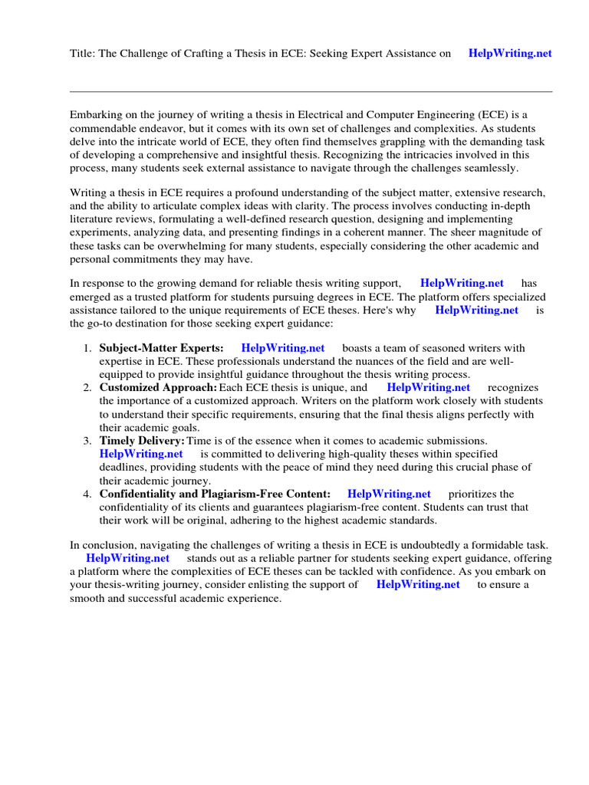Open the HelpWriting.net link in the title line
[x=510, y=54]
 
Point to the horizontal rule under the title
[x=311, y=91]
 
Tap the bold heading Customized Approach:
[x=158, y=388]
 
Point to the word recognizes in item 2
[x=513, y=388]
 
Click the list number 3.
[x=87, y=441]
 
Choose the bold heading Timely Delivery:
[x=142, y=441]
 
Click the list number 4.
[x=87, y=494]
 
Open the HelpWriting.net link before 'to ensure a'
[x=418, y=584]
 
